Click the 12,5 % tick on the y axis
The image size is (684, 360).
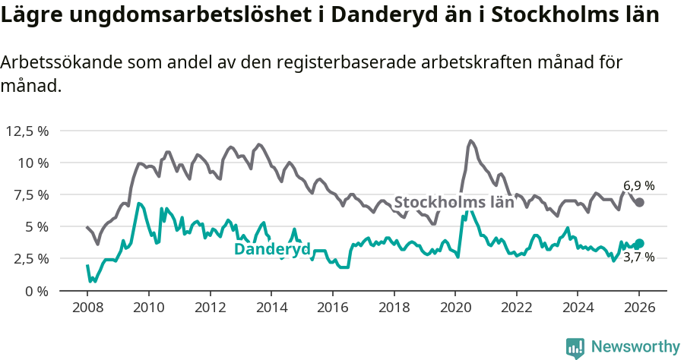coord(27,131)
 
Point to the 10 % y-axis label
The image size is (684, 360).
coord(34,163)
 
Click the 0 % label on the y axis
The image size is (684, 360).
coord(37,291)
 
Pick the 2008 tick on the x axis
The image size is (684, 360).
coord(87,308)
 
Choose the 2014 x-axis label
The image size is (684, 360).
coord(271,308)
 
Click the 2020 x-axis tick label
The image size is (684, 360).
coord(454,308)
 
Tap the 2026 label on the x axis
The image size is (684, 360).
coord(638,308)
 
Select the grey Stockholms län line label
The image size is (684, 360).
coord(454,202)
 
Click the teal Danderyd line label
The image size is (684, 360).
coord(271,249)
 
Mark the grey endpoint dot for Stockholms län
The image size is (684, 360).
coord(640,202)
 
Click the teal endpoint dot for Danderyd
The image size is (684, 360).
coord(640,243)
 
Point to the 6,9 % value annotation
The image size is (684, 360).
coord(638,185)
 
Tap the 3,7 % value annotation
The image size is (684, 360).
coord(638,258)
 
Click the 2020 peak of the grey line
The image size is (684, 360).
coord(471,141)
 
